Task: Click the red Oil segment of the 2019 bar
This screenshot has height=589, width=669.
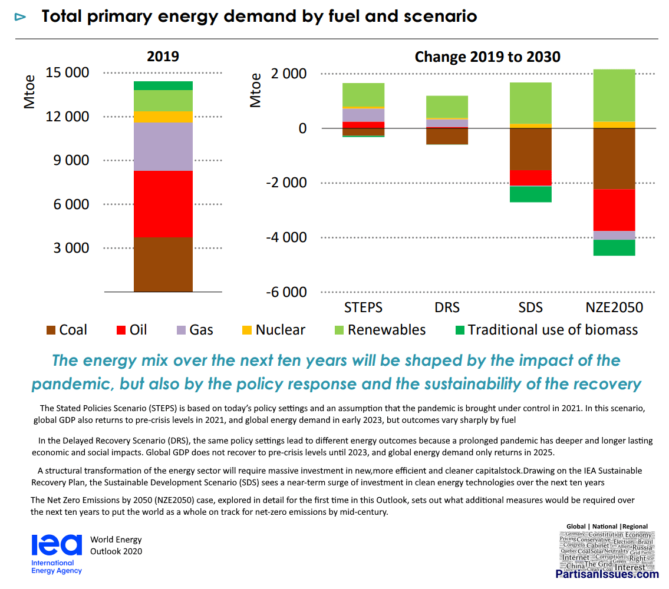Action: tap(163, 204)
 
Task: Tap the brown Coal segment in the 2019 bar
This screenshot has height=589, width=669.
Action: tap(163, 264)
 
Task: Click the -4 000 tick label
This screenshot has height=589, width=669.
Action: tap(286, 237)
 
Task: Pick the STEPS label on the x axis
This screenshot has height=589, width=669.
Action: tap(363, 307)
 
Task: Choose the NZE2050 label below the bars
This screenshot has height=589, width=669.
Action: tap(614, 307)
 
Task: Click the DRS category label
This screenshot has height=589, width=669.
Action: tap(447, 307)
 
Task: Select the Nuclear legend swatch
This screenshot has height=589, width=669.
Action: tap(246, 330)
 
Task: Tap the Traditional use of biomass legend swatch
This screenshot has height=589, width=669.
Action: tap(459, 330)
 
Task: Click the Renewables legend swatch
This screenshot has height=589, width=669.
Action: tap(339, 330)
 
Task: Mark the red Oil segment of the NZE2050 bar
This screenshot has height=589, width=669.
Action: tap(614, 210)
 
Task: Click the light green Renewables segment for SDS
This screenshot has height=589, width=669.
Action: tap(530, 102)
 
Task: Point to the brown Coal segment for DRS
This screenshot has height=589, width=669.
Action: tap(447, 136)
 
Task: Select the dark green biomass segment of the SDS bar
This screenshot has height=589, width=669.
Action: tap(530, 194)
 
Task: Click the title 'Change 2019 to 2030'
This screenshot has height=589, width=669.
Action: tap(487, 57)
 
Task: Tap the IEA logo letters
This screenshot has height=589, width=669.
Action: tap(57, 545)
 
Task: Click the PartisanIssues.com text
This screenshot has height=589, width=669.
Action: tap(607, 574)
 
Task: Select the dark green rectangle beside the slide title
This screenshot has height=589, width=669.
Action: tap(533, 18)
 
